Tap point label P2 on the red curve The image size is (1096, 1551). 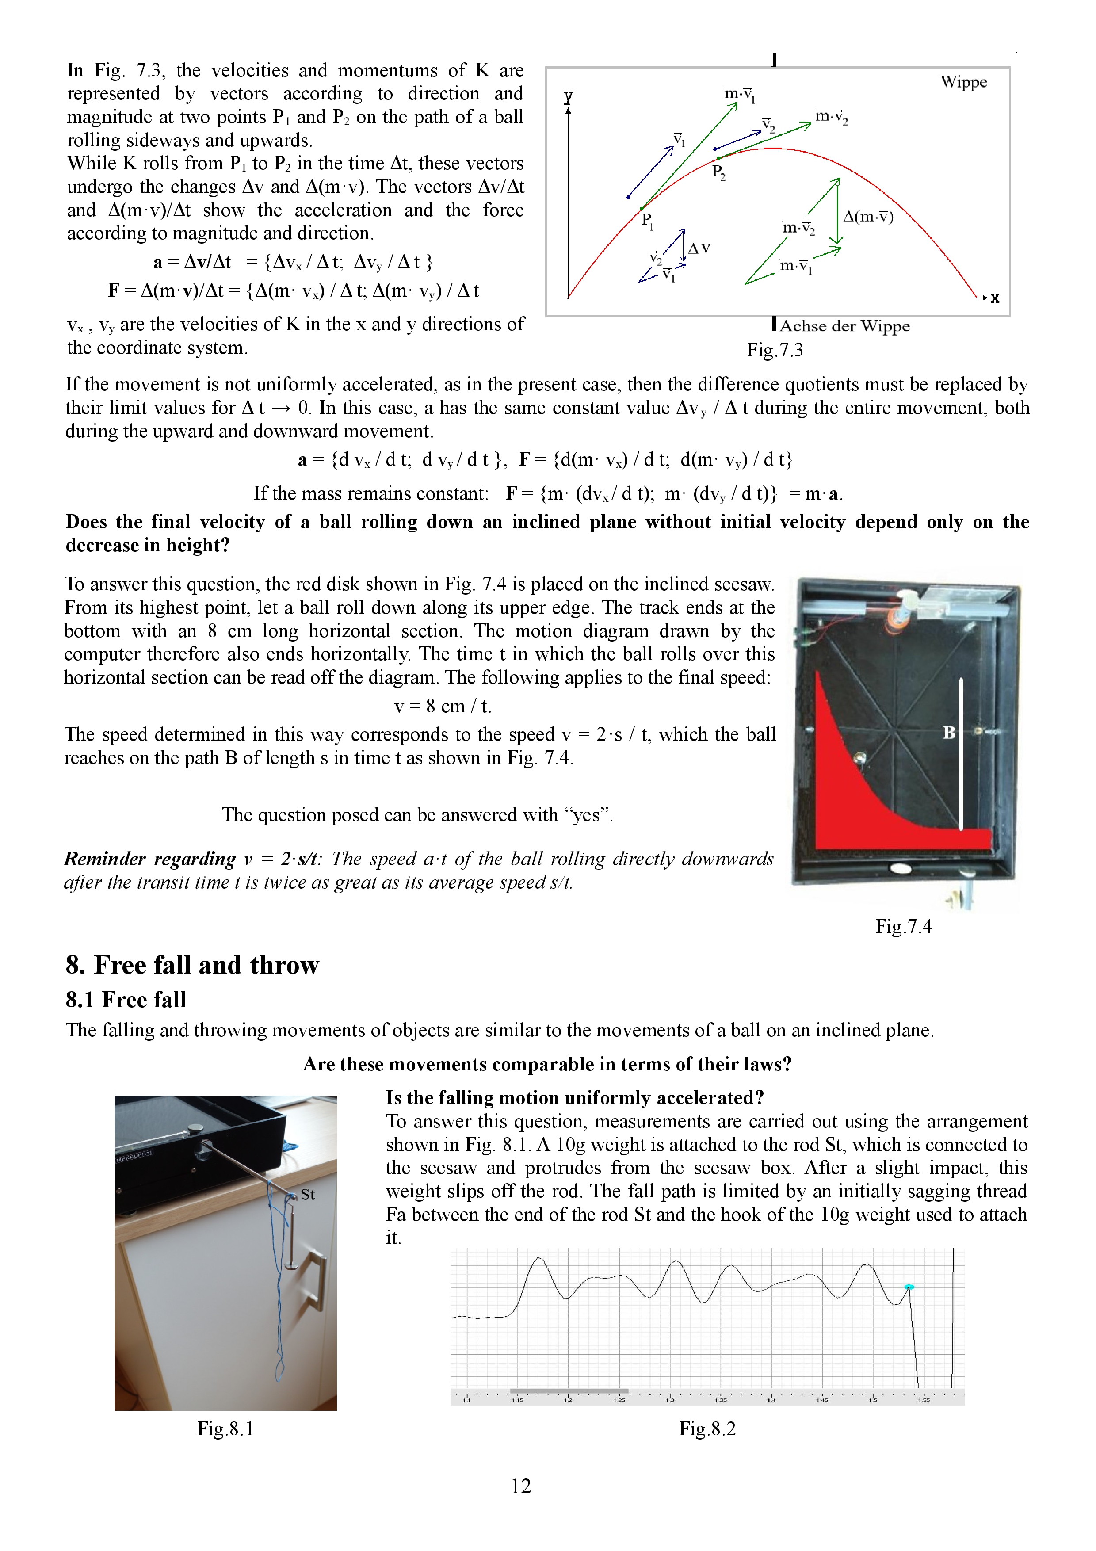[x=718, y=173]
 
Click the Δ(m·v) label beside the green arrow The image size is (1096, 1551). [x=868, y=217]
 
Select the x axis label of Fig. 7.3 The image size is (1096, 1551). [x=995, y=298]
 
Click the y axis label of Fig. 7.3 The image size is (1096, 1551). [x=569, y=96]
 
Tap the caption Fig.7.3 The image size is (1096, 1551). [x=775, y=350]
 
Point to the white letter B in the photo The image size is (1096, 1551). [x=949, y=732]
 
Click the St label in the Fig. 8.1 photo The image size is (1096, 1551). [x=308, y=1194]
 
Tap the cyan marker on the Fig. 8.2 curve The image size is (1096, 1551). [x=909, y=1287]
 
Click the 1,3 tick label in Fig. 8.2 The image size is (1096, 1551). [x=670, y=1400]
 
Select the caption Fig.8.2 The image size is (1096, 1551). [x=707, y=1429]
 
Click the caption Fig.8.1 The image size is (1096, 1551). [x=225, y=1429]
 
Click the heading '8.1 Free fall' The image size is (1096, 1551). [x=126, y=999]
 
